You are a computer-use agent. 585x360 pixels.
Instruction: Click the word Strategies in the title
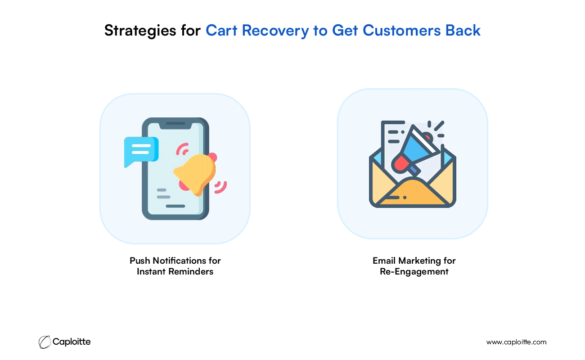(140, 31)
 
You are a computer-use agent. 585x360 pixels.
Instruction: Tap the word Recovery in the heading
(275, 31)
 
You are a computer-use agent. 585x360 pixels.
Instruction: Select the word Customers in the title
(401, 30)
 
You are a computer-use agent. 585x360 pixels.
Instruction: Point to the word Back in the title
(463, 30)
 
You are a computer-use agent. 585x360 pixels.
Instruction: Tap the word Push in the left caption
(139, 261)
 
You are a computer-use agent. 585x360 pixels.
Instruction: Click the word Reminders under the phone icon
(191, 272)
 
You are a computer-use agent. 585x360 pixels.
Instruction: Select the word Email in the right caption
(384, 261)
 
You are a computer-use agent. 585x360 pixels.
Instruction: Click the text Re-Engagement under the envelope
(414, 272)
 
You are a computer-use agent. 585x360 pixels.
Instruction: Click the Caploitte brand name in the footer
(72, 342)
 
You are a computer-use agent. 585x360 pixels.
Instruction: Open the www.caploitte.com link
(516, 342)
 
